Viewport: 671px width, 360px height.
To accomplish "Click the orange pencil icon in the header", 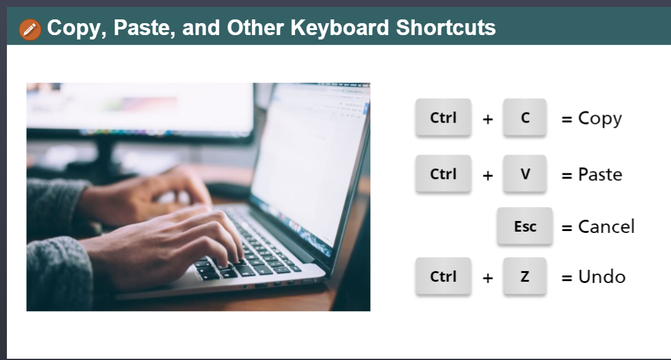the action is pos(30,29).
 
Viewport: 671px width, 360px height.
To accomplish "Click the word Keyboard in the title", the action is pos(340,28).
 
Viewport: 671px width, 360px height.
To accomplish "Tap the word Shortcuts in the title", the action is pos(445,28).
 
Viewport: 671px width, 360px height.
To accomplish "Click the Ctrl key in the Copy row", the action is pos(444,118).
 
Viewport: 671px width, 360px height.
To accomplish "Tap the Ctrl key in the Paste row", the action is pos(444,174).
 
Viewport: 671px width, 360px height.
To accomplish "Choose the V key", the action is pos(524,174).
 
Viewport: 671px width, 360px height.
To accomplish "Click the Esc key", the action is pos(524,226).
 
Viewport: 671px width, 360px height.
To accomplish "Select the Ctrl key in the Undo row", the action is pos(444,277).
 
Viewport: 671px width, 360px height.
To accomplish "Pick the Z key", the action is pos(524,277).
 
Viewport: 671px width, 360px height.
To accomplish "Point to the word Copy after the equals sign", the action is pos(600,119).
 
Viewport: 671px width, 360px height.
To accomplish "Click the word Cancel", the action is pos(606,227).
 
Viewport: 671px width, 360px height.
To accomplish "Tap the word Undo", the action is pos(601,277).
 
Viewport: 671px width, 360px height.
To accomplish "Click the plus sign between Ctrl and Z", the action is pos(487,279).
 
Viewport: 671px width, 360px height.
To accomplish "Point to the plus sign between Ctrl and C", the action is pos(487,120).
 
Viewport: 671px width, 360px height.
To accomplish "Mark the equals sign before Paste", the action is pos(566,176).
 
